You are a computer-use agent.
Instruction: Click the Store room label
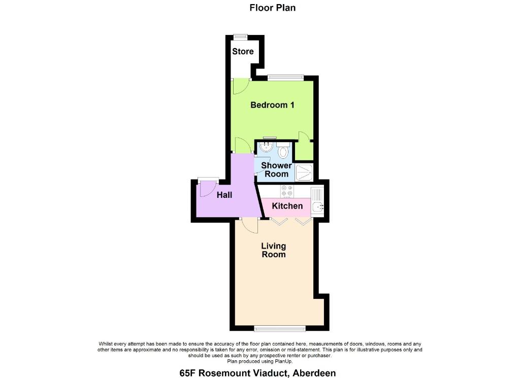243,51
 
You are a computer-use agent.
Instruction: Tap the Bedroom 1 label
272,105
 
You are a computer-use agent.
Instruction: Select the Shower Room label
276,169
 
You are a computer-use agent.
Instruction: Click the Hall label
224,195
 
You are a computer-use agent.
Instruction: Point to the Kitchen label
287,205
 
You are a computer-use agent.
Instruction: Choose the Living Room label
274,250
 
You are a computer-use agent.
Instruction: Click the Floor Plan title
273,8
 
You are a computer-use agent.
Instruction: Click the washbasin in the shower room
266,147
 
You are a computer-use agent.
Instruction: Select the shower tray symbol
304,173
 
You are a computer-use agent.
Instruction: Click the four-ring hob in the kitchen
287,191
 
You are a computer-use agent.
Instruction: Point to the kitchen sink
317,202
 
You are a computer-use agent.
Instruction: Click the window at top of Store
240,37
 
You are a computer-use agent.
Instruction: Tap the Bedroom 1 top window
285,78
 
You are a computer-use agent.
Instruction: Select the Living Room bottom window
280,328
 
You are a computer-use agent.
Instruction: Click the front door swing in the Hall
208,189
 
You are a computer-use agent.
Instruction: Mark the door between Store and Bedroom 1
241,86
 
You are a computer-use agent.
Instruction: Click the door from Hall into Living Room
250,226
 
